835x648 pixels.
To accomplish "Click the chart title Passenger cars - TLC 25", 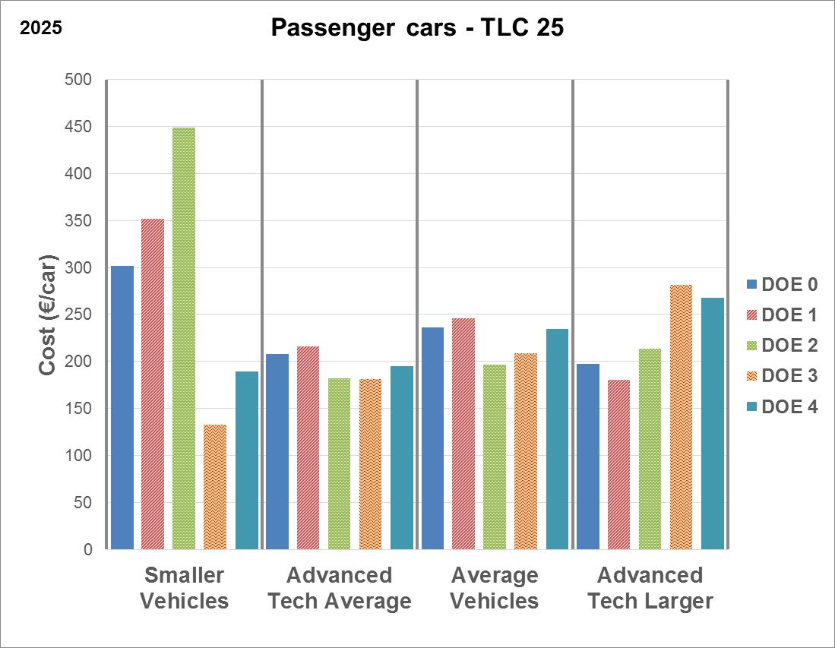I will pos(417,29).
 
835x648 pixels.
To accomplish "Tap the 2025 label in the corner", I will pos(40,29).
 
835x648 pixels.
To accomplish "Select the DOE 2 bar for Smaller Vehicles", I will pos(184,338).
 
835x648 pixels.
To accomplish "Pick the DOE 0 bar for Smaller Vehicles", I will pos(122,407).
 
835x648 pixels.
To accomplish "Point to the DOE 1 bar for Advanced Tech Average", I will pos(308,447).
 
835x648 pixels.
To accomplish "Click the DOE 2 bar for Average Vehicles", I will pos(495,457).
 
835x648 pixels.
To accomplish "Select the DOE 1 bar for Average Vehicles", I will pos(463,433).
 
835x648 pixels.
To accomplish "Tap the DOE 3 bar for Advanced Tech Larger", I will pos(682,416).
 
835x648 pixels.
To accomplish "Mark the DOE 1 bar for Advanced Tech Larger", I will pos(619,464).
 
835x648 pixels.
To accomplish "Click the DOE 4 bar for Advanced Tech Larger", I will pos(713,423).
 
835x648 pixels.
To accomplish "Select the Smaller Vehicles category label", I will pos(185,588).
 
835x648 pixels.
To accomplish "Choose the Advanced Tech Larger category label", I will pos(650,588).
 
